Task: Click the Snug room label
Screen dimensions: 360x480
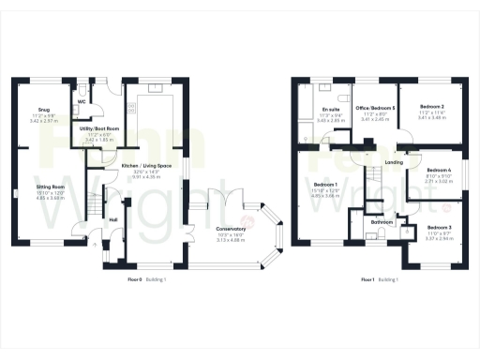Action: [x=44, y=109]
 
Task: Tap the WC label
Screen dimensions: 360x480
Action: [x=82, y=100]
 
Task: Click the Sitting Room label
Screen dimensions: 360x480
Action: [x=51, y=187]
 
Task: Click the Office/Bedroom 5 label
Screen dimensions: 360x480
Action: [x=374, y=109]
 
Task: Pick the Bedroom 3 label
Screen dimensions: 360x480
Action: [x=438, y=228]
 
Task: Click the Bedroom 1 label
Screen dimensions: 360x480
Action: [x=325, y=184]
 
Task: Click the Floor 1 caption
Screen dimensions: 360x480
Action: [x=370, y=280]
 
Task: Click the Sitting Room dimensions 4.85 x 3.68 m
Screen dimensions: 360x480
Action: [x=51, y=198]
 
